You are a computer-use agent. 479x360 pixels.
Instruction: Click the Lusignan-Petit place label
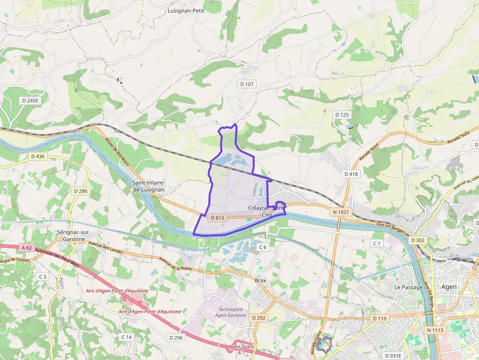click(x=186, y=10)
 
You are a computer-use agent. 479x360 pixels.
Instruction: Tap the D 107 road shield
click(x=247, y=84)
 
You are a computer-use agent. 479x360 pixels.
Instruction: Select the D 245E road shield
click(x=30, y=100)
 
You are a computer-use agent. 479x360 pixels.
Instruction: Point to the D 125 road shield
click(x=342, y=115)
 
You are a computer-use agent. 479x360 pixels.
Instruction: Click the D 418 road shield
click(x=351, y=174)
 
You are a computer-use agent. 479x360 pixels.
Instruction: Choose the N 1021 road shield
click(x=340, y=212)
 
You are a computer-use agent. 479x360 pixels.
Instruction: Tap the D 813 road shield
click(x=218, y=217)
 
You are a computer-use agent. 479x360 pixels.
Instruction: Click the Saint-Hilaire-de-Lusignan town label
click(x=149, y=186)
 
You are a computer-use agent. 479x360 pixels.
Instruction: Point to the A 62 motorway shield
click(x=27, y=248)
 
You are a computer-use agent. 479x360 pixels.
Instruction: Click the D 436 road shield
click(x=38, y=156)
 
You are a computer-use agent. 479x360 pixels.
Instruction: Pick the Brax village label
click(x=261, y=280)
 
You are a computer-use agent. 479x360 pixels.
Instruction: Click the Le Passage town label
click(x=408, y=287)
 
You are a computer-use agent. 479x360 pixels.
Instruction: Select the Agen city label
click(x=449, y=287)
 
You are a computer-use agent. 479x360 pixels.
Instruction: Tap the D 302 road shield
click(x=418, y=240)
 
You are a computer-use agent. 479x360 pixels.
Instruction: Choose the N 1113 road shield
click(x=435, y=331)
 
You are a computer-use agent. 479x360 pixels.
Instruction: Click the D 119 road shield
click(x=379, y=318)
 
